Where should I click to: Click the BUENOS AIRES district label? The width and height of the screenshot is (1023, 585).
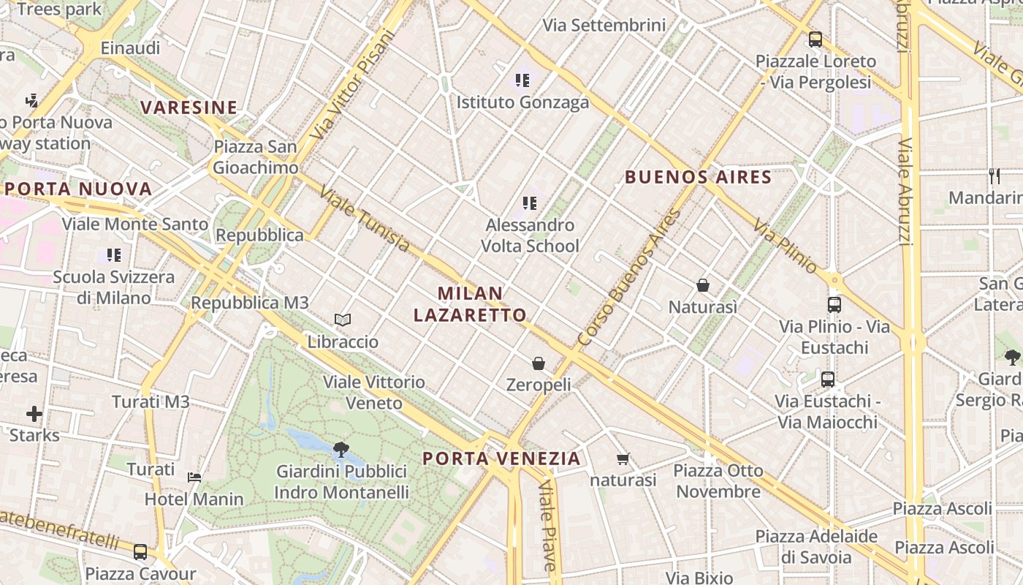(x=698, y=177)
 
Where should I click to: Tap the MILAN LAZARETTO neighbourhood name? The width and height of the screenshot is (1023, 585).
(x=470, y=304)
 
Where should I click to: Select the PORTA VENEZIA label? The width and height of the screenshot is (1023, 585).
(x=502, y=458)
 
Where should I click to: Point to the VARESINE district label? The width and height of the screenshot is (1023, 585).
(x=189, y=107)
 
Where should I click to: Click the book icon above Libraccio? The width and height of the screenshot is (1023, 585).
(x=343, y=320)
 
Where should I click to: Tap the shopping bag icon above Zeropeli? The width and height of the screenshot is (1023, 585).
(x=539, y=363)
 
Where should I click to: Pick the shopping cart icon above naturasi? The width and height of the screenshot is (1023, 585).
(x=623, y=459)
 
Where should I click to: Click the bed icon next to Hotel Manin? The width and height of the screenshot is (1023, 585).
(x=194, y=478)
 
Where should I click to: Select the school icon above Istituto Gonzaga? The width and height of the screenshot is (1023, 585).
(x=522, y=80)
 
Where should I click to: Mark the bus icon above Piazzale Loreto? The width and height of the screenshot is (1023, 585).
(x=815, y=39)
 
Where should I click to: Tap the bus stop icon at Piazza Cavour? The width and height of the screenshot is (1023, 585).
(x=140, y=551)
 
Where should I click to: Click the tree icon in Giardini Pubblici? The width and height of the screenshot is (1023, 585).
(x=341, y=449)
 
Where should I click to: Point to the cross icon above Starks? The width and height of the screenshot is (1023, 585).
(x=34, y=414)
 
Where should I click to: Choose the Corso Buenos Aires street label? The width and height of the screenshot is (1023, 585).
(x=628, y=278)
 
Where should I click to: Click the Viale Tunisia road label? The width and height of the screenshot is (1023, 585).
(x=365, y=218)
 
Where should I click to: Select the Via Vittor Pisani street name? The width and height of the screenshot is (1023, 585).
(x=351, y=84)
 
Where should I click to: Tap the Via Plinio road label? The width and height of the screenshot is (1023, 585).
(x=785, y=246)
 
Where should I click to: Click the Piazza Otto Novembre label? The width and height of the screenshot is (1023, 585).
(x=718, y=480)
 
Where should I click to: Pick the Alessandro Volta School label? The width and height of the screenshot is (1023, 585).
(x=530, y=235)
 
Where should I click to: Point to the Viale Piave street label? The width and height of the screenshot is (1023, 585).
(x=547, y=526)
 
